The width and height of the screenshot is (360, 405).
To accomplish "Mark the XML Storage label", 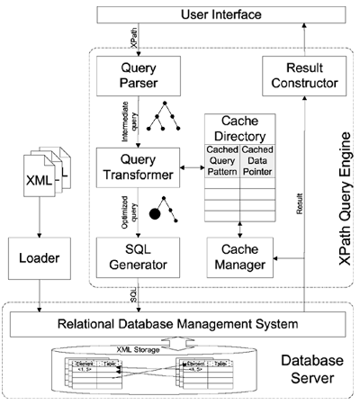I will pyautogui.click(x=176, y=346).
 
